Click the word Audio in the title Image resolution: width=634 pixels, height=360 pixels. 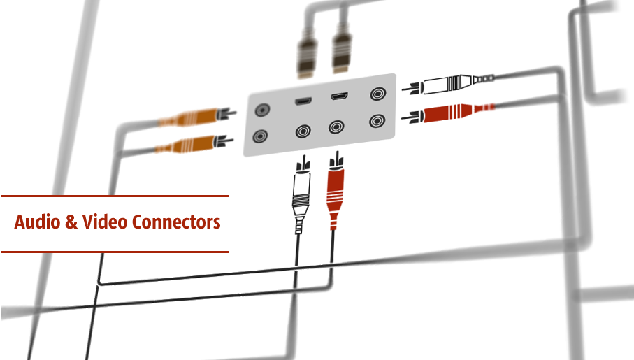[x=36, y=223]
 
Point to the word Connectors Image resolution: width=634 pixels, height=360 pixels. [x=176, y=223]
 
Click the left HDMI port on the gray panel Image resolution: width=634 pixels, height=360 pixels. [x=303, y=102]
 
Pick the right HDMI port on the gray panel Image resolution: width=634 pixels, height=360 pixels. [x=340, y=98]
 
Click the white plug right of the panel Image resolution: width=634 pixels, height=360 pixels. [x=447, y=85]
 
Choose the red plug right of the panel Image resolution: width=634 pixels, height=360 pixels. [x=447, y=113]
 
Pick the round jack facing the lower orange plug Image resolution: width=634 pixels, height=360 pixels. [x=261, y=136]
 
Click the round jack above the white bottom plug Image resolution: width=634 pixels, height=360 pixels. [x=303, y=131]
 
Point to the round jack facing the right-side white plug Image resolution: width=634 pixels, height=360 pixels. [x=378, y=94]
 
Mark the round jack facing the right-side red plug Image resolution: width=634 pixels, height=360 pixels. [x=378, y=120]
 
